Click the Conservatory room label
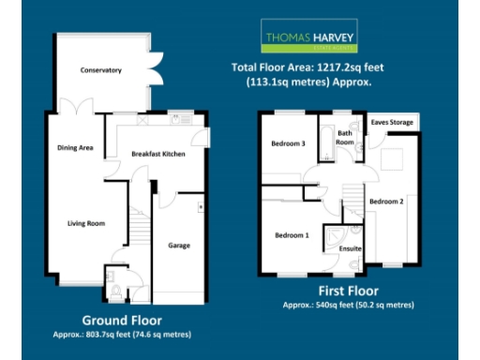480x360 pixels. tap(101, 70)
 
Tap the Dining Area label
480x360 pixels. tap(75, 147)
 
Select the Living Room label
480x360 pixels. tap(84, 223)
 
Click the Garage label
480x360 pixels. tap(179, 246)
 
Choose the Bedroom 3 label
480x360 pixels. tap(289, 143)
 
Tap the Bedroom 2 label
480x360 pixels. tap(385, 202)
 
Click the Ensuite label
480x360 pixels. tap(350, 248)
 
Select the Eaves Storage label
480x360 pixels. tap(392, 122)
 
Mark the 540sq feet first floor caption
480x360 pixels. tap(349, 306)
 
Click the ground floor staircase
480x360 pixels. tap(139, 225)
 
